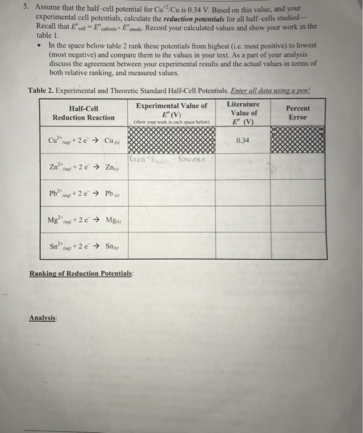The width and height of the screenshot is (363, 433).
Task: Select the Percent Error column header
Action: [x=298, y=113]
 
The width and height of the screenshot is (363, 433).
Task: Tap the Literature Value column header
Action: [x=243, y=113]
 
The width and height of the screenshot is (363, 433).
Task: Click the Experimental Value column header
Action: [x=172, y=113]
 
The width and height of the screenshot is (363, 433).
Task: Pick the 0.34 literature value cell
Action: [x=243, y=140]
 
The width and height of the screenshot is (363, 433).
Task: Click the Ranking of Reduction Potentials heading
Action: [x=81, y=273]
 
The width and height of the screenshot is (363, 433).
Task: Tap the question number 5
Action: [x=20, y=9]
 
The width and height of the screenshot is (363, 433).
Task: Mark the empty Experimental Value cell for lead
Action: [x=172, y=193]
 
